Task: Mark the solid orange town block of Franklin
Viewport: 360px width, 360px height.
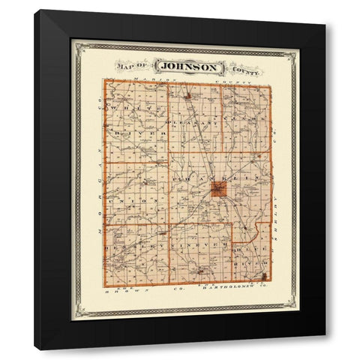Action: [217, 189]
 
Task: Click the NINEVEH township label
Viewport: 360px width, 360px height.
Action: [196, 244]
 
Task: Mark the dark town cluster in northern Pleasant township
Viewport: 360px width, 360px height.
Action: [187, 95]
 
